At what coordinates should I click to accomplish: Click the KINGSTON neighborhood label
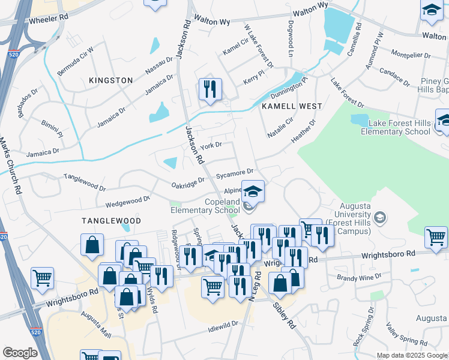110,80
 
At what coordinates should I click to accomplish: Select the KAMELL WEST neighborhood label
292,106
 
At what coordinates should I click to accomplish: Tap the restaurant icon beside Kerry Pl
210,89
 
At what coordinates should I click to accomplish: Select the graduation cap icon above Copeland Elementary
253,191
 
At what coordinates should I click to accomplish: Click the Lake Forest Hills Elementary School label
399,127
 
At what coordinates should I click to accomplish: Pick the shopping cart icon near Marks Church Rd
43,277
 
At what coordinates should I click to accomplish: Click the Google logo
20,352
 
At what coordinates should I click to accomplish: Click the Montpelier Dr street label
411,55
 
